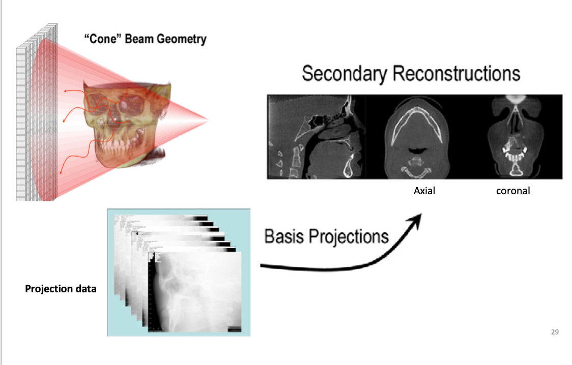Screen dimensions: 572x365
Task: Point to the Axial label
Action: click(424, 192)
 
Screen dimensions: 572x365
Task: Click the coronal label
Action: click(513, 192)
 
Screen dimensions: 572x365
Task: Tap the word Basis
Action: click(283, 236)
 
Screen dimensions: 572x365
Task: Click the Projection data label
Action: click(61, 289)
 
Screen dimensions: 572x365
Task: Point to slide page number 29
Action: click(555, 332)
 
